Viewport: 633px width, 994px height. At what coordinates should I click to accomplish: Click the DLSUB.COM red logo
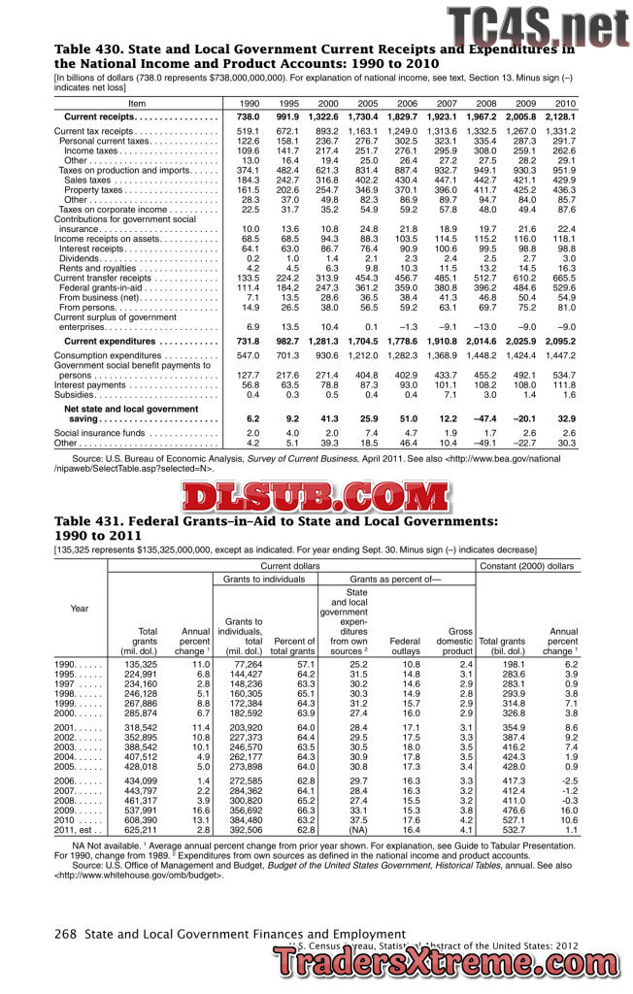[x=316, y=497]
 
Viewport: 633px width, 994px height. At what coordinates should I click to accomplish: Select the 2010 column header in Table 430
[x=564, y=103]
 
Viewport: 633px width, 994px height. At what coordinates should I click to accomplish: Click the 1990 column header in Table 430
[x=250, y=103]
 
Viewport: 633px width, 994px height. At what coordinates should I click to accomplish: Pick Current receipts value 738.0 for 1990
[x=249, y=116]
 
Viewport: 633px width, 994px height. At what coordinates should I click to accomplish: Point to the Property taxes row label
[x=97, y=189]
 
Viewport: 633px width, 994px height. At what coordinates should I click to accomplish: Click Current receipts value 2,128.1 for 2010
[x=560, y=116]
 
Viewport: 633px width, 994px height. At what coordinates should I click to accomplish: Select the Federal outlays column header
[x=405, y=641]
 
